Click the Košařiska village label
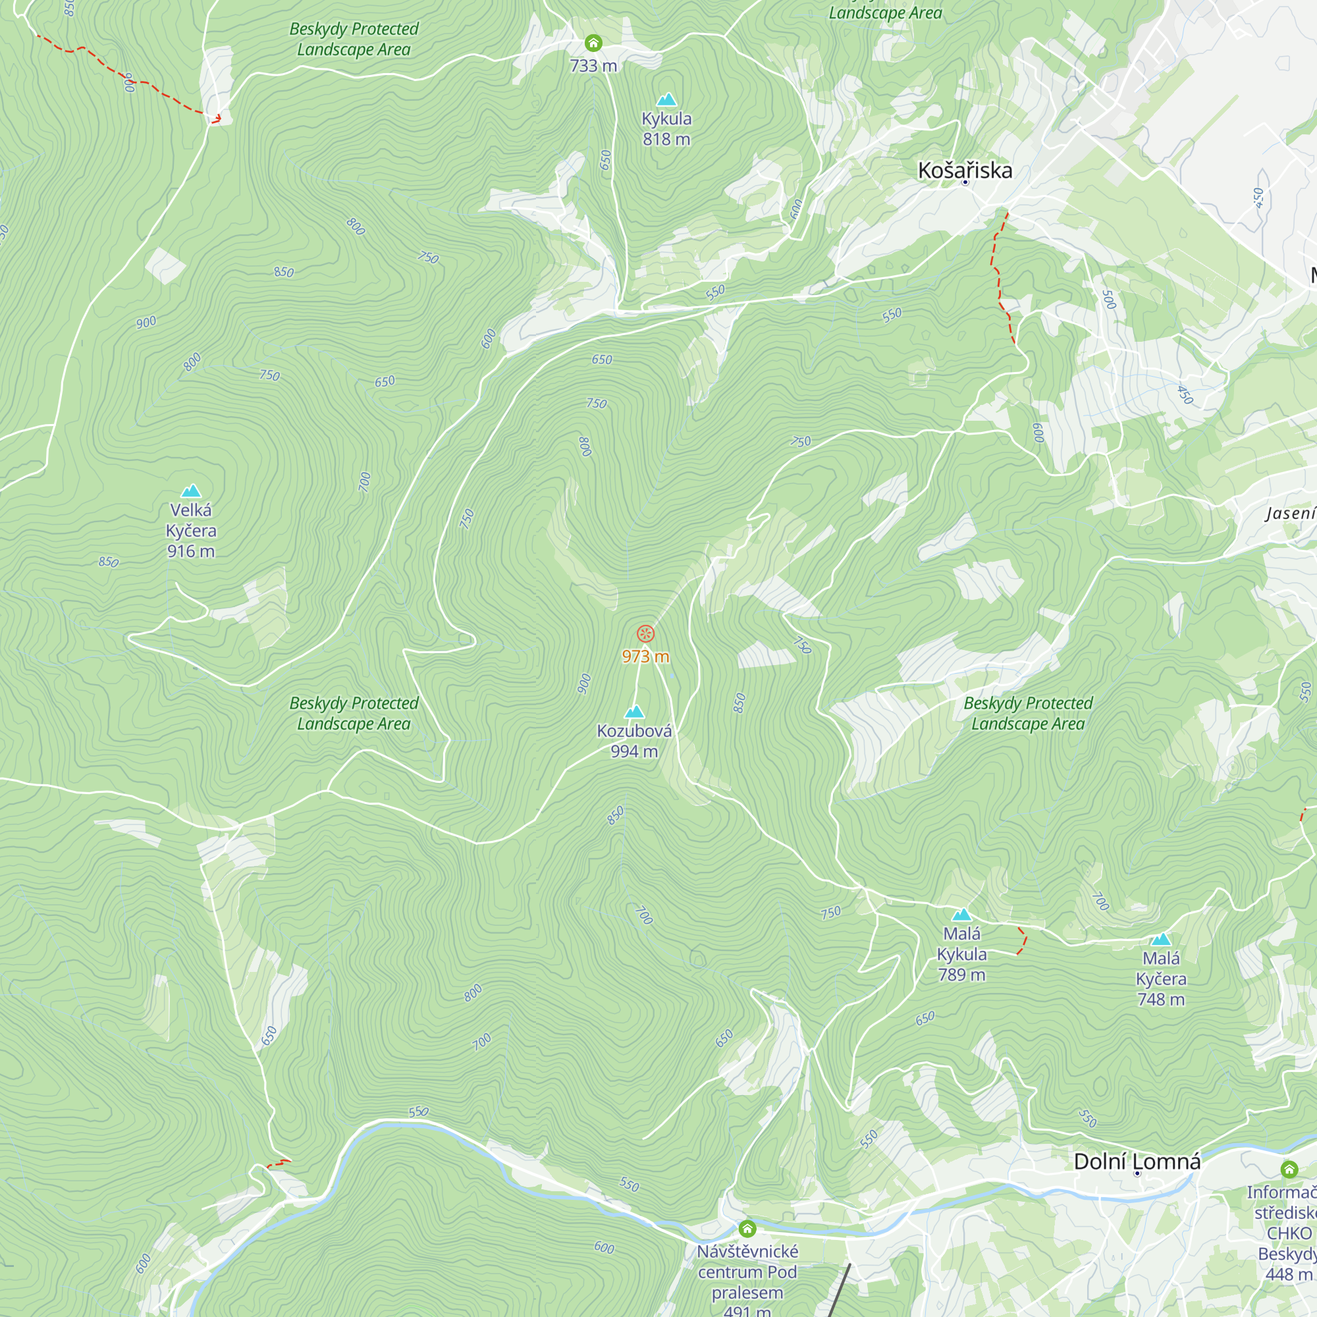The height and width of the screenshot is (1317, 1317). [965, 170]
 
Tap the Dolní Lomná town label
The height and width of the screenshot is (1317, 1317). [1137, 1162]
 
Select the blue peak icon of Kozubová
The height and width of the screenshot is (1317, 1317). [635, 712]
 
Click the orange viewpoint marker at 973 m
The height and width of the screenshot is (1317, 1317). [645, 633]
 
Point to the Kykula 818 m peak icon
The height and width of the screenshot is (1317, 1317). [666, 99]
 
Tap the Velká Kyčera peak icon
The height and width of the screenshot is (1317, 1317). [191, 491]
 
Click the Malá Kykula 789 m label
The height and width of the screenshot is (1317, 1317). [961, 954]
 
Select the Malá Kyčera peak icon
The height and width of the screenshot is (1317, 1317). [1160, 940]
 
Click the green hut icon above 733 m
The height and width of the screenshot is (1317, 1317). [593, 43]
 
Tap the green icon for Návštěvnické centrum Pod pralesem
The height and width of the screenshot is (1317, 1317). [747, 1228]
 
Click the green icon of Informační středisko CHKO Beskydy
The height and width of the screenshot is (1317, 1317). [1289, 1169]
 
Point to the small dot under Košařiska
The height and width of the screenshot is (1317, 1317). [965, 182]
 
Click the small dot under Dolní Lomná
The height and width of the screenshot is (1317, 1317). [1137, 1174]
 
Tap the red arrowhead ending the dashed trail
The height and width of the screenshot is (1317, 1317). [216, 119]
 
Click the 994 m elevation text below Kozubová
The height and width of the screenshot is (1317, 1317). [634, 751]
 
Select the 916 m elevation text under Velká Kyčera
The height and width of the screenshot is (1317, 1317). [191, 551]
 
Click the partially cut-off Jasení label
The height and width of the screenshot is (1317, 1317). [1291, 512]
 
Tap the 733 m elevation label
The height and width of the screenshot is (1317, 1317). [593, 65]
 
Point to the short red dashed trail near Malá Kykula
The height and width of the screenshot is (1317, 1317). [1023, 940]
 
